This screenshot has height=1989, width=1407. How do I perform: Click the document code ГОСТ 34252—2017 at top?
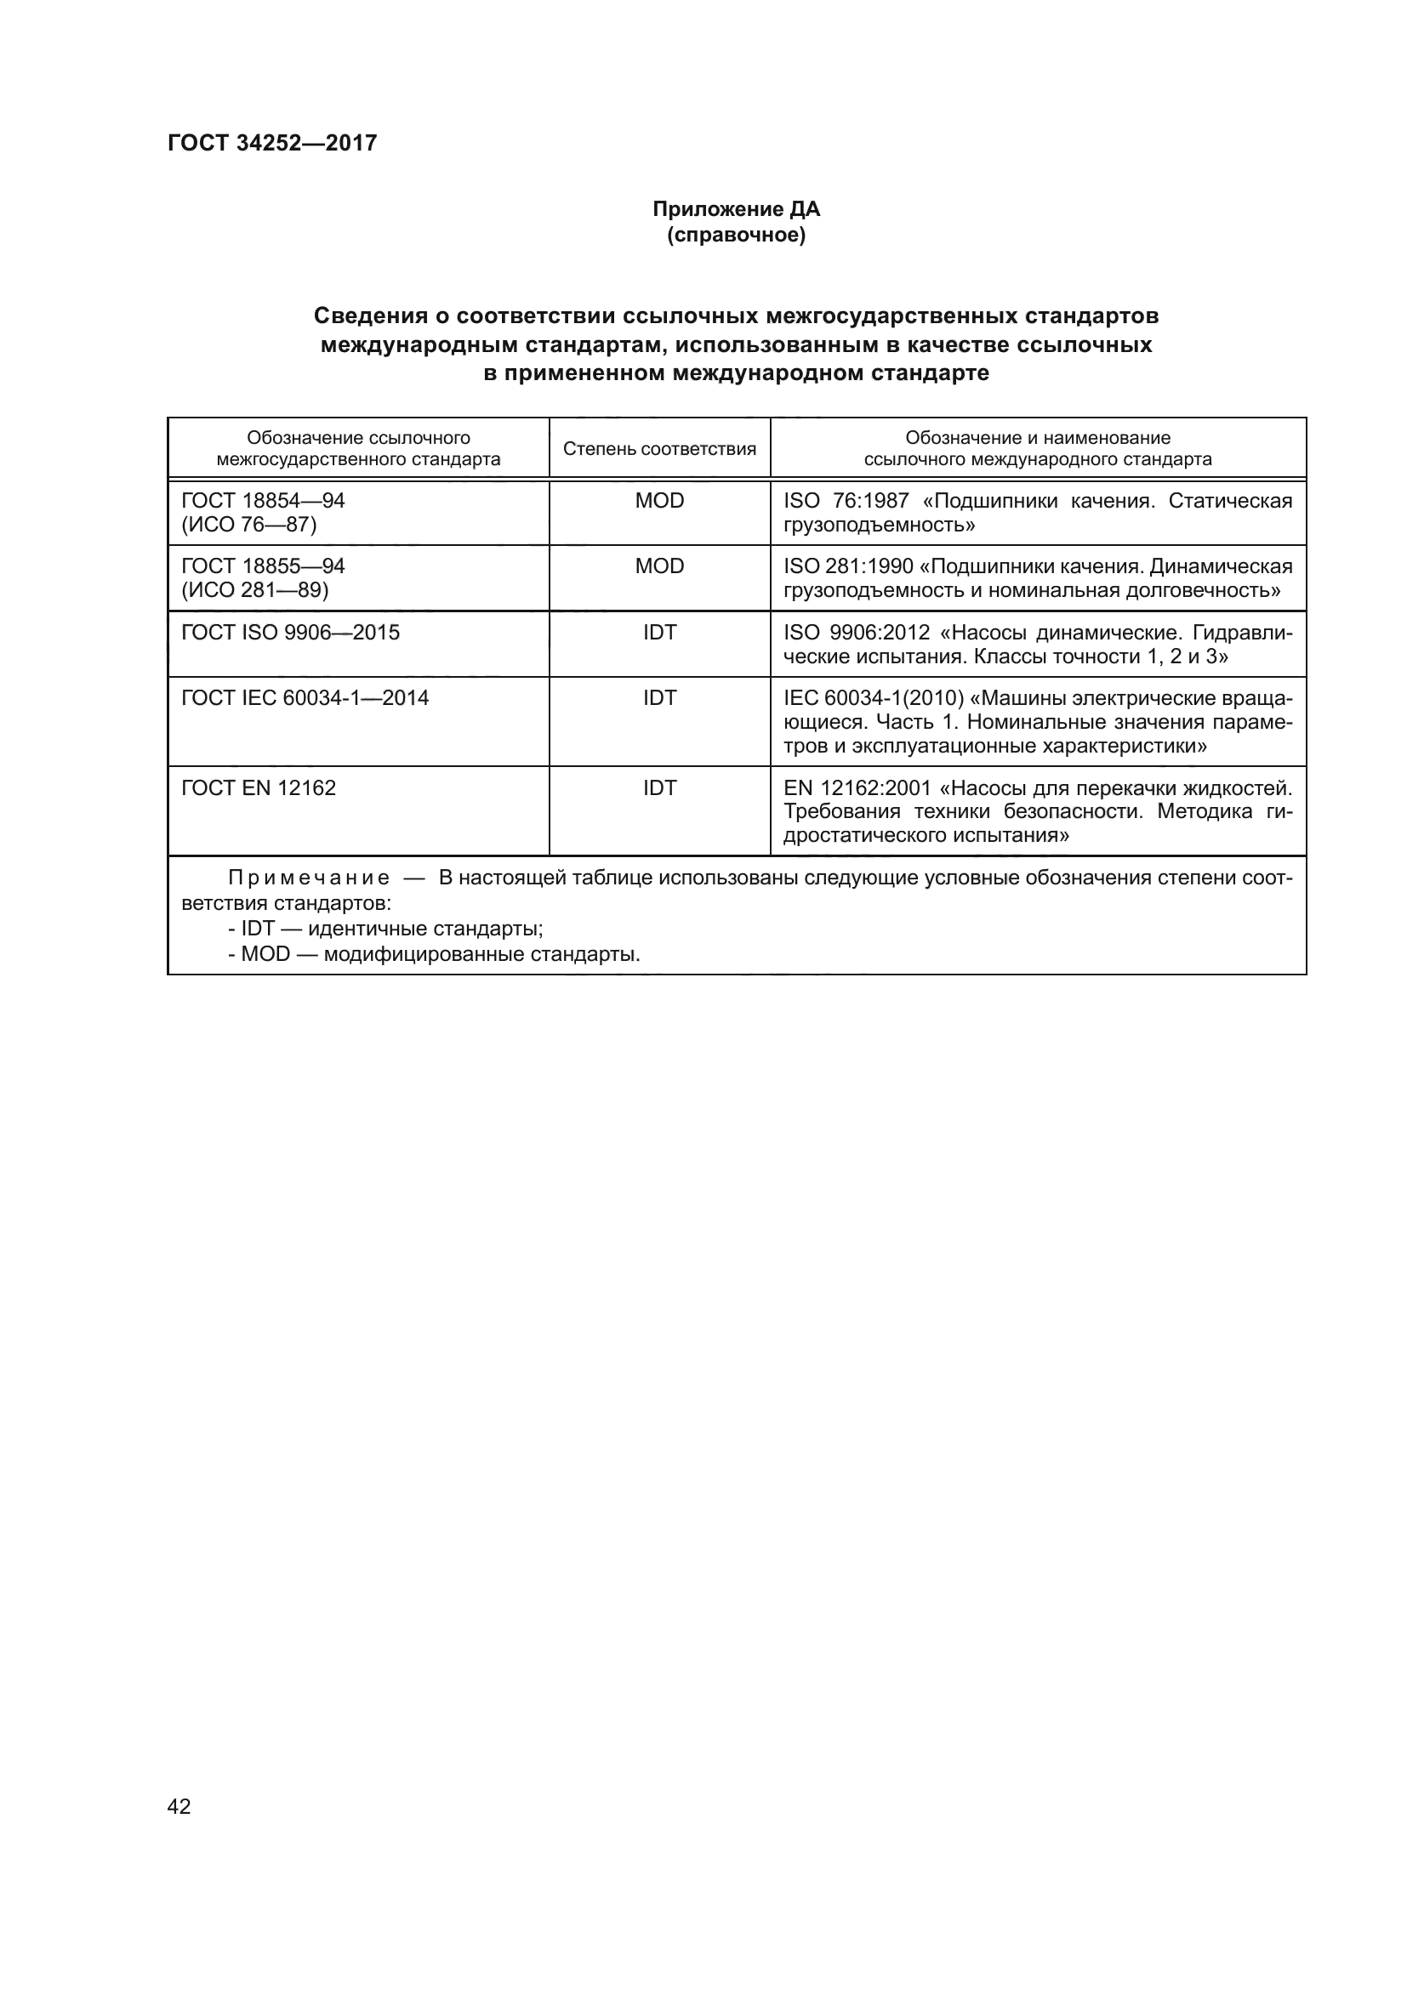[x=272, y=143]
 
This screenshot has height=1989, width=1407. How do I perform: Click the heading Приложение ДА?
[x=736, y=210]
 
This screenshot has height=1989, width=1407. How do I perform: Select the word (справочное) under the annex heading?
[x=736, y=236]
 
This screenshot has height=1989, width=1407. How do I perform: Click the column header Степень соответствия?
[x=659, y=449]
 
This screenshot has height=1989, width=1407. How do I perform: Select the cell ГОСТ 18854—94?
[x=264, y=501]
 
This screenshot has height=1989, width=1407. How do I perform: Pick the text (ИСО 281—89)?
[x=254, y=590]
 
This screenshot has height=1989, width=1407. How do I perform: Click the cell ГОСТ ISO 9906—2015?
[x=290, y=633]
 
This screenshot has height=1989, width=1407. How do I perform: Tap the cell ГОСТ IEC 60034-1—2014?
[x=305, y=698]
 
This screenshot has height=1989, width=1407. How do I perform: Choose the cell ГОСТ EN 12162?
[x=259, y=788]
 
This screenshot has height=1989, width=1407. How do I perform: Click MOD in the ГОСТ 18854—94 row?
[x=659, y=501]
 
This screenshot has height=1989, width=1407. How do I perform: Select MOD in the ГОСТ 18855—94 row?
[x=659, y=566]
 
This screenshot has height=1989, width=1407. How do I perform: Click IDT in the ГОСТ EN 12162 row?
[x=659, y=788]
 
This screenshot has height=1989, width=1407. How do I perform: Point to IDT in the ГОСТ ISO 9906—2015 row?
[x=659, y=633]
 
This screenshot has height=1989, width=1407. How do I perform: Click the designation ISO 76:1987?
[x=846, y=501]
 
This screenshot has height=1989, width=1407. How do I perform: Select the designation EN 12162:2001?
[x=857, y=788]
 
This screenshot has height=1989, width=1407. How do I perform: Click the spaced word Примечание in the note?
[x=309, y=878]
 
